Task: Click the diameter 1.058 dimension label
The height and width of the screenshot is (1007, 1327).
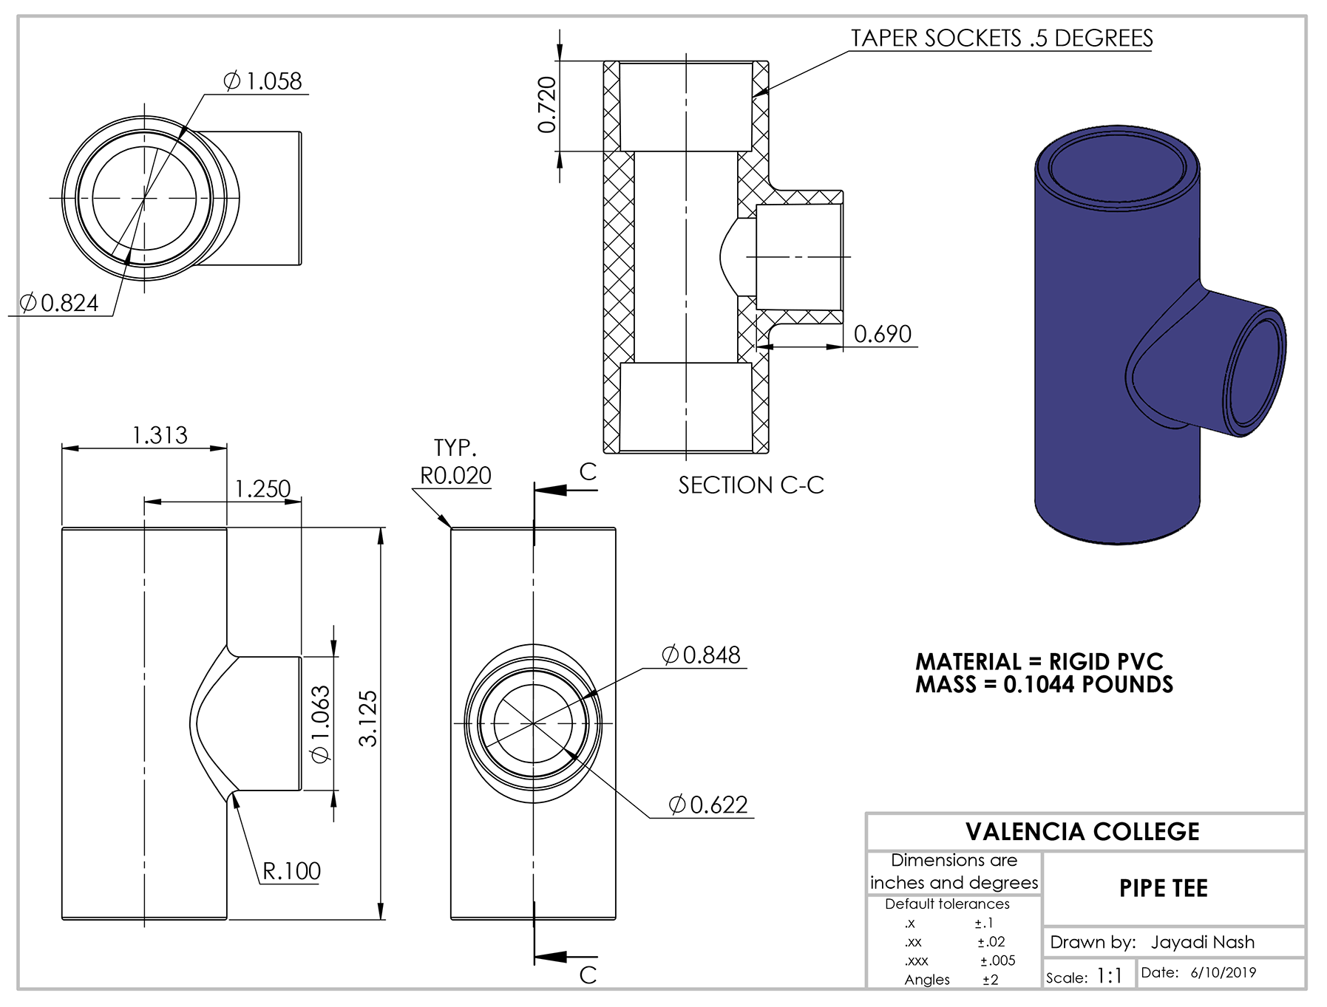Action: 263,81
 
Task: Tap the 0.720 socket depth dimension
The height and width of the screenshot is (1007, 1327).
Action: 547,105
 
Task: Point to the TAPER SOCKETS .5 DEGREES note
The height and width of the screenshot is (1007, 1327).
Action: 1001,38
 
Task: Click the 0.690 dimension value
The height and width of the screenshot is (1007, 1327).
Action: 882,334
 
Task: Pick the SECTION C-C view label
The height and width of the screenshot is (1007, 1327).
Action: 750,485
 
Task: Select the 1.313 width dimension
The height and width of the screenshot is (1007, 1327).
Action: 160,435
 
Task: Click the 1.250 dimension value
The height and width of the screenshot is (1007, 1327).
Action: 262,488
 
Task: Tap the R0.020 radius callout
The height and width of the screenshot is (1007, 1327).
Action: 455,475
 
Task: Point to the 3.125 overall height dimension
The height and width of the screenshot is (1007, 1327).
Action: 367,718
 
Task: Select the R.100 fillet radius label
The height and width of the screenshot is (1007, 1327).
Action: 291,871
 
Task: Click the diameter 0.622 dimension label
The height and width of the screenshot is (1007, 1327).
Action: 708,805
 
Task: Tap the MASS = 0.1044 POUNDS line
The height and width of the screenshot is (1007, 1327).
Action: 1044,685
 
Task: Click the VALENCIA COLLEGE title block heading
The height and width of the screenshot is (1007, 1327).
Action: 1082,832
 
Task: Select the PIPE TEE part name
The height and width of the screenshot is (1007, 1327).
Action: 1163,888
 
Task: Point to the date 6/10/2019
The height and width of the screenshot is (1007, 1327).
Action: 1223,972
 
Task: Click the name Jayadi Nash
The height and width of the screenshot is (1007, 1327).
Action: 1202,942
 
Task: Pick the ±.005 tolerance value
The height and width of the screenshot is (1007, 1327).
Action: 997,960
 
